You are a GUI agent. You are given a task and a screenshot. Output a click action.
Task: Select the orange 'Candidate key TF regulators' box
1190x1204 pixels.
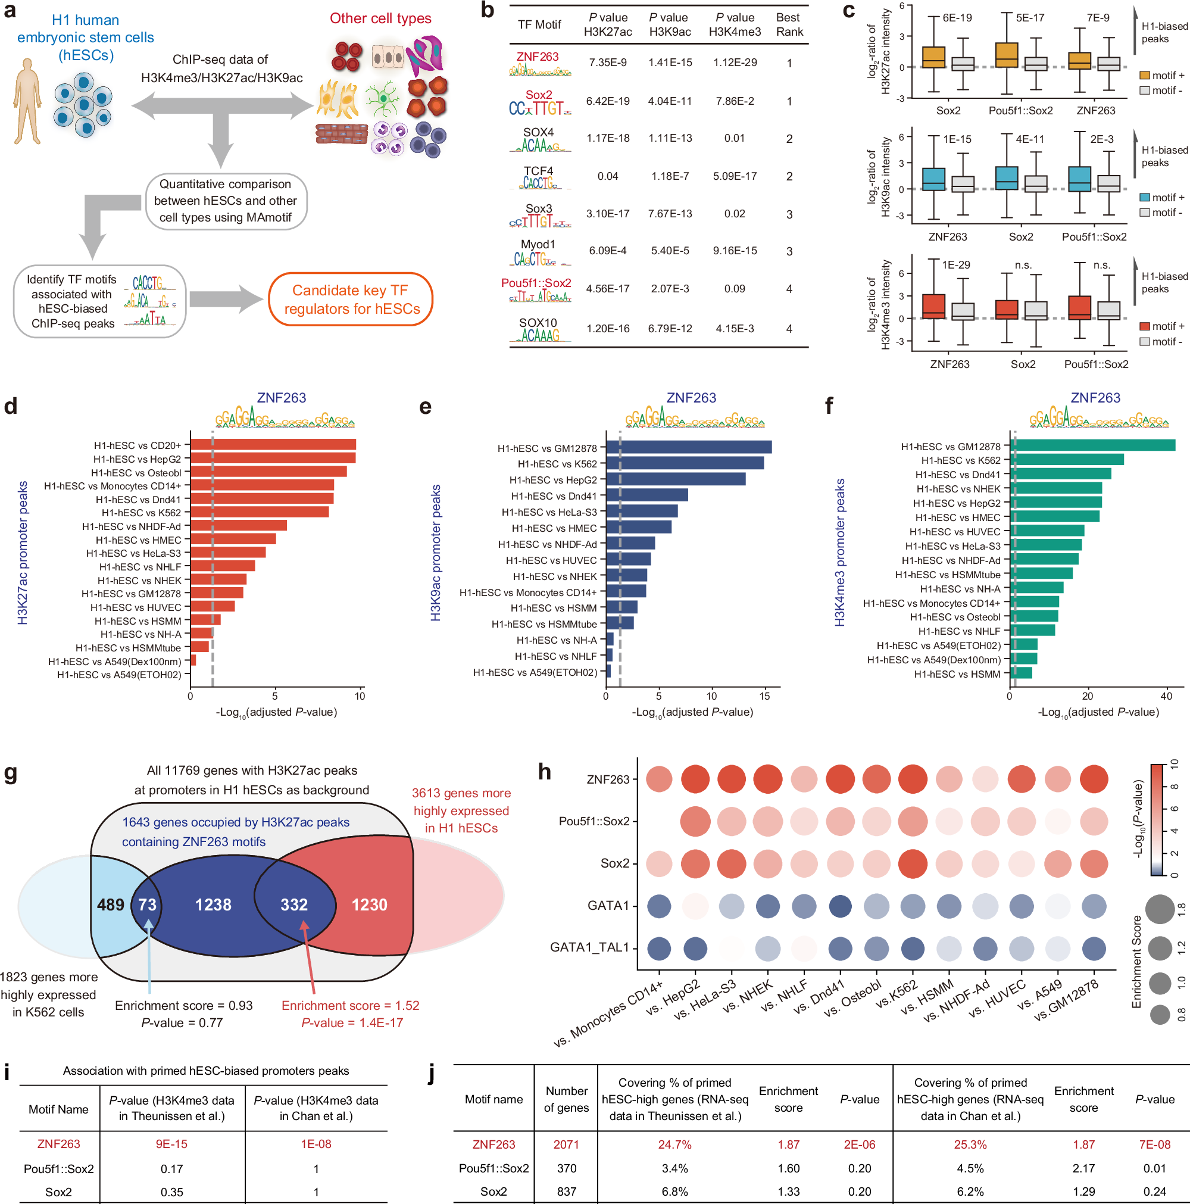coord(351,299)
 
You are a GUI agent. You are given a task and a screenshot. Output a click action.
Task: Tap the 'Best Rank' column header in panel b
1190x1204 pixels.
coord(789,25)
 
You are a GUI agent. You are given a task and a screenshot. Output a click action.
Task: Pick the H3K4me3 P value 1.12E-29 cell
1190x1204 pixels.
coord(735,63)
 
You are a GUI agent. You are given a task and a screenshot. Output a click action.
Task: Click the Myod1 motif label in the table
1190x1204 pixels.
coord(538,244)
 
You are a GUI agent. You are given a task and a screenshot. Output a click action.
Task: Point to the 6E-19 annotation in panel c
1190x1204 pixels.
coord(957,18)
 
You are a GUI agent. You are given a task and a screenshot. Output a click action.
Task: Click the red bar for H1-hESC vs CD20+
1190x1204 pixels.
coord(273,444)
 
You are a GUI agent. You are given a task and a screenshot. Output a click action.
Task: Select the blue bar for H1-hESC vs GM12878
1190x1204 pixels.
coord(688,447)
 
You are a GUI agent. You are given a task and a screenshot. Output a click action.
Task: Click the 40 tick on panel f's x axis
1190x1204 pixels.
coord(1166,696)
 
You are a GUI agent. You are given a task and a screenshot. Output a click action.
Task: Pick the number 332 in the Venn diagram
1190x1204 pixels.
coord(294,904)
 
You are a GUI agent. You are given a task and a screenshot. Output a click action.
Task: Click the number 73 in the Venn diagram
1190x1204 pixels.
coord(147,904)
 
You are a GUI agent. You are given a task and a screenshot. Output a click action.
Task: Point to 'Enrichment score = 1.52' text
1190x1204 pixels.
coord(350,1005)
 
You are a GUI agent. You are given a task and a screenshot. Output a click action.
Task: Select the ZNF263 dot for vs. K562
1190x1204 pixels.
coord(913,779)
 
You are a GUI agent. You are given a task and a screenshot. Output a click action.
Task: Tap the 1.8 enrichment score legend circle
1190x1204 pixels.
coord(1160,909)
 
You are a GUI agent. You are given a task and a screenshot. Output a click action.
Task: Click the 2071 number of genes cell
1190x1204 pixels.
coord(566,1144)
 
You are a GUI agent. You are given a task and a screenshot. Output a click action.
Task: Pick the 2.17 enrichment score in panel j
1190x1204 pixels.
coord(1083,1168)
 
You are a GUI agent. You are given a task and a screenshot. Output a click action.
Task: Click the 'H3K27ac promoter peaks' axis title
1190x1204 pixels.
coord(23,552)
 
